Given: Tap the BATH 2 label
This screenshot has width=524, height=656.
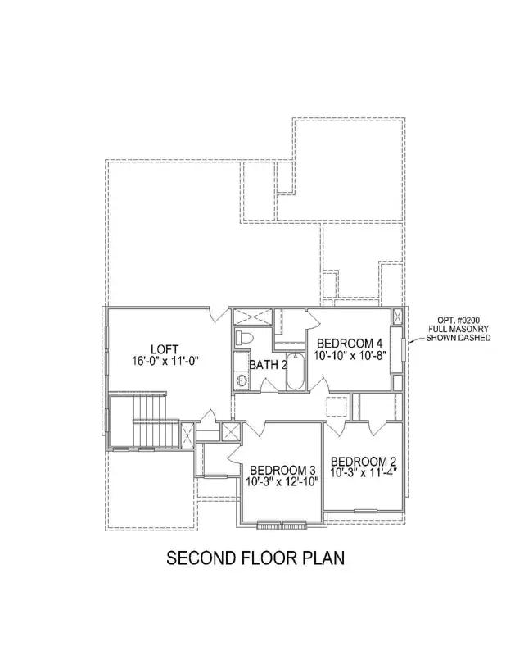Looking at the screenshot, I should pos(268,364).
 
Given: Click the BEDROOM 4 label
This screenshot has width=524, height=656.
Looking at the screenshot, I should pos(350,343).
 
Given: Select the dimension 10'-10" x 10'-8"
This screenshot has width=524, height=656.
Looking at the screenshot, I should pos(350,355).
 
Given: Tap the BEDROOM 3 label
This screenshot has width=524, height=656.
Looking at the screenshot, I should pos(282,470).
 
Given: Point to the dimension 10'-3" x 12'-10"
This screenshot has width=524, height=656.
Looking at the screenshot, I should pos(282,482).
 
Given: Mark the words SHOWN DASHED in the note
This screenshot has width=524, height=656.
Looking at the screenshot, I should pos(458,338).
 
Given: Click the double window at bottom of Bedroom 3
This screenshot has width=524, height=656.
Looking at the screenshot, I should pos(281,523).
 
